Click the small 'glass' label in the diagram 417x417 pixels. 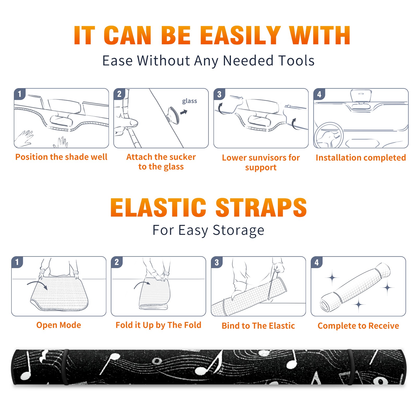(x=189, y=101)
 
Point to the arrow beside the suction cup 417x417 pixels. (x=184, y=112)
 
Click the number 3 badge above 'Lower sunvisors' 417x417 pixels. (x=219, y=94)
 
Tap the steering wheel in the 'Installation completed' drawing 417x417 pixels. (x=329, y=136)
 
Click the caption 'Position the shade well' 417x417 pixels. (x=61, y=157)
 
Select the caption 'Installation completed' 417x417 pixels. (x=361, y=157)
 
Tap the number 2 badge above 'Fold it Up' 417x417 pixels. (x=117, y=262)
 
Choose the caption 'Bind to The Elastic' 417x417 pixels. (x=258, y=326)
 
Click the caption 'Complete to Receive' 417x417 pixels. (x=358, y=326)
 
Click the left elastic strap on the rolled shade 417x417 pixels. (x=66, y=367)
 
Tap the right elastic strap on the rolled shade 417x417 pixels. (x=351, y=367)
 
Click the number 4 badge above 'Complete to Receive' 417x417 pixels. (x=317, y=262)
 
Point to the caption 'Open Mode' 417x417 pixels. (x=59, y=325)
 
